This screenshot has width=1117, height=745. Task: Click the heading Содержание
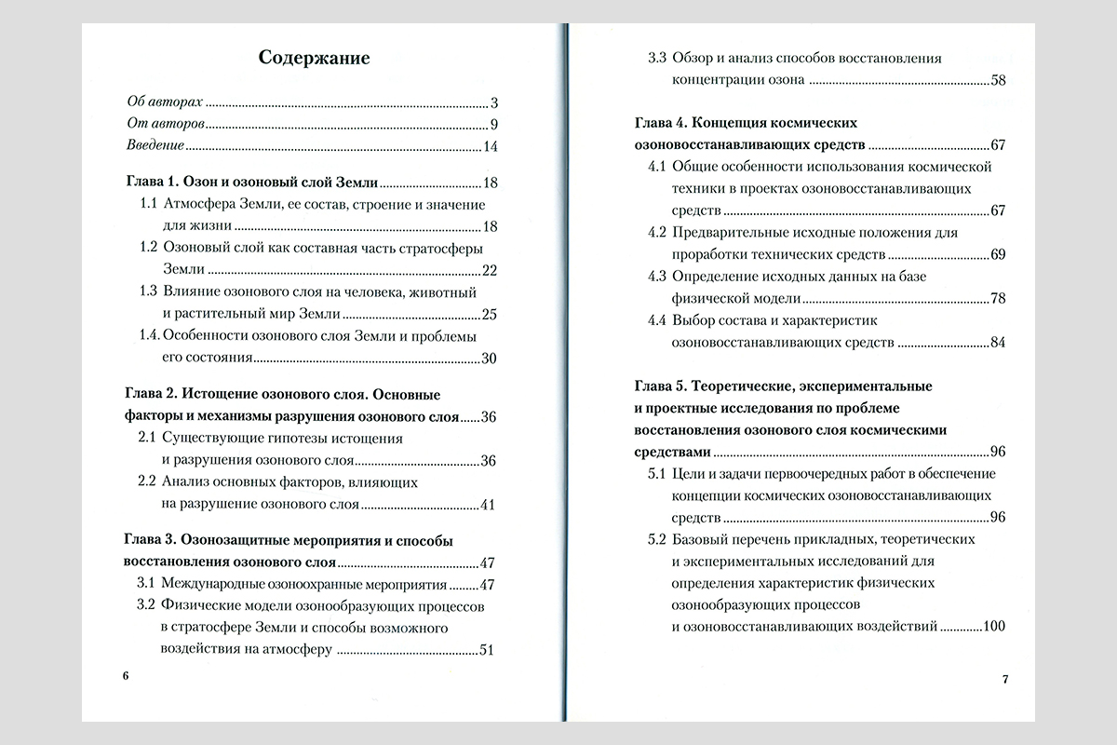[x=315, y=59]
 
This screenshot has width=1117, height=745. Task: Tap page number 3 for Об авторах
[x=495, y=103]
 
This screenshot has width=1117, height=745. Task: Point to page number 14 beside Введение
[x=491, y=147]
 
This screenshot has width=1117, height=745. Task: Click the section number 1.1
[x=148, y=204]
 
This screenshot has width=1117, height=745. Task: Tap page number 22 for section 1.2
[x=491, y=271]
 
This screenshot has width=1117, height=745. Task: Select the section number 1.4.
[x=149, y=336]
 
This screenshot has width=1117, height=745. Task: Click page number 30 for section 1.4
[x=491, y=359]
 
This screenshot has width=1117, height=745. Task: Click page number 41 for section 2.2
[x=491, y=506]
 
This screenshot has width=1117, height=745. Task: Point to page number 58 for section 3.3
[x=998, y=80]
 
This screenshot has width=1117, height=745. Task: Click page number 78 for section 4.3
[x=998, y=299]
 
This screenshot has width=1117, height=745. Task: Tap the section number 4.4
[x=657, y=320]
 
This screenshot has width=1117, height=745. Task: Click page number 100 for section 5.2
[x=992, y=627]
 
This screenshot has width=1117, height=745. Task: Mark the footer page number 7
[x=1005, y=679]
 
